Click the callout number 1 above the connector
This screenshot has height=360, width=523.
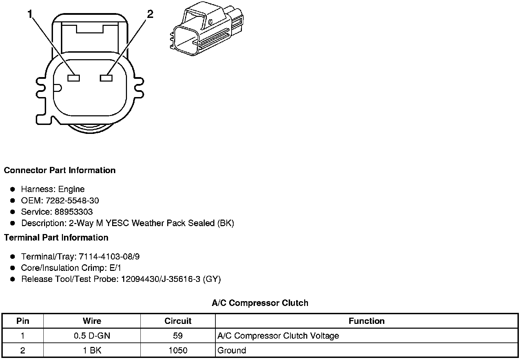coord(30,14)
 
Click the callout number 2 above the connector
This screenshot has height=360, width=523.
coord(150,14)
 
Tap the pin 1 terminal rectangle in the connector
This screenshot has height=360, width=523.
coord(73,78)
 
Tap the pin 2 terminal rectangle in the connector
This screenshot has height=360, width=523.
coord(106,78)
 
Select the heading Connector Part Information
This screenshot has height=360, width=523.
coord(60,170)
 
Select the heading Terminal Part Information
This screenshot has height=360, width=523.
coord(56,237)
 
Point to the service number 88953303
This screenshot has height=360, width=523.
coord(74,212)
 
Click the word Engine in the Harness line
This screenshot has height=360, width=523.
coord(71,189)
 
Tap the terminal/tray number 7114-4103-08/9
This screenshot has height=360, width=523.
coord(109,256)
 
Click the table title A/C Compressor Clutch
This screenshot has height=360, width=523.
coord(260,303)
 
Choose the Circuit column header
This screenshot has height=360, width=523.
coord(178,321)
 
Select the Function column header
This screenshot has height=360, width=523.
coord(366,321)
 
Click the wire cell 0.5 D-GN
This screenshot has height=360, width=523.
coord(92,336)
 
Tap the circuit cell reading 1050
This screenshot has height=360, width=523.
coord(178,351)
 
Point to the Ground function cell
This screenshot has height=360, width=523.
coord(232,351)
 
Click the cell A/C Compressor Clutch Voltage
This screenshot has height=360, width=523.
coord(278,336)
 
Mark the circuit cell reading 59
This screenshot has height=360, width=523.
coord(178,336)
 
